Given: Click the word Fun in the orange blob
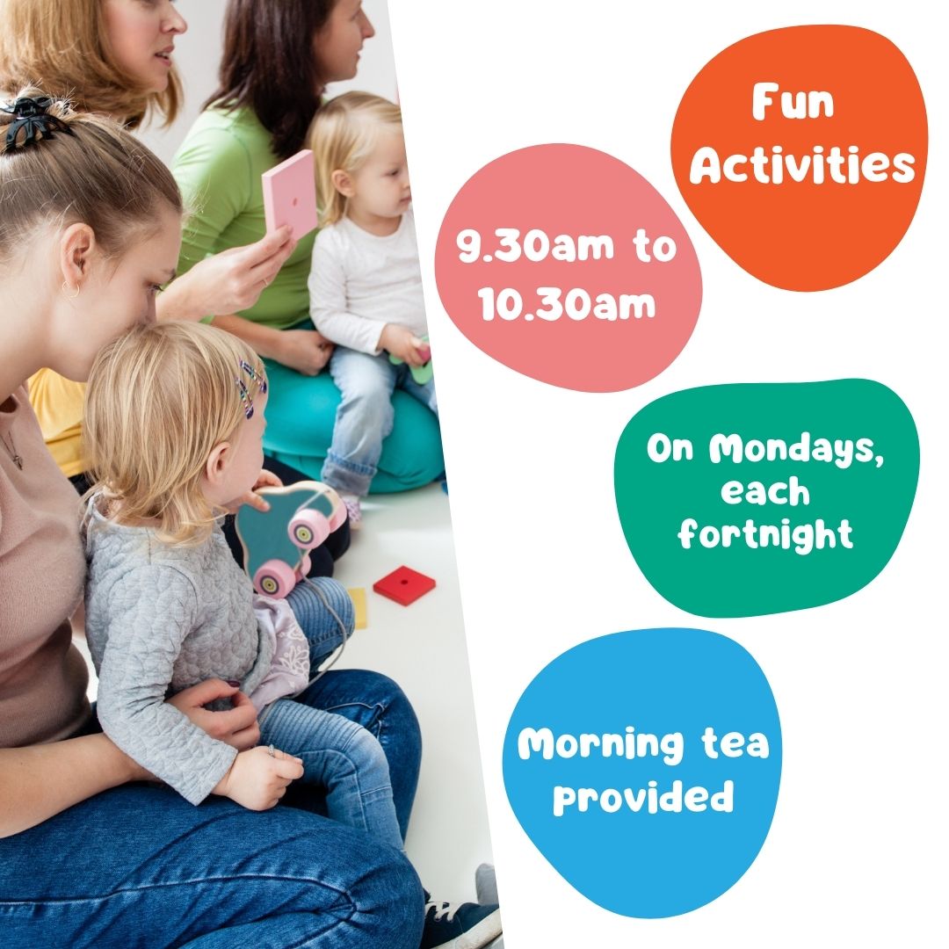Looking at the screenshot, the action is (x=793, y=102).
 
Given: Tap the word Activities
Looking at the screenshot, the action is (x=802, y=164).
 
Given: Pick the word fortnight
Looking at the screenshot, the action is (x=765, y=535).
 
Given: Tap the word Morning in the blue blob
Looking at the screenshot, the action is (x=600, y=744).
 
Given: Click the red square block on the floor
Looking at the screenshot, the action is (x=404, y=584).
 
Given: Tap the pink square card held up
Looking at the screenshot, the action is (x=290, y=195).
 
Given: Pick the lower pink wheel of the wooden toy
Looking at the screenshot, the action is (x=275, y=578).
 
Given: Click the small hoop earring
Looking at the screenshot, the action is (x=71, y=291).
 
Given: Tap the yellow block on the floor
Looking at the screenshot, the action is (x=357, y=608).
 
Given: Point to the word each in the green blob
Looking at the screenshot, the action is (x=765, y=491).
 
